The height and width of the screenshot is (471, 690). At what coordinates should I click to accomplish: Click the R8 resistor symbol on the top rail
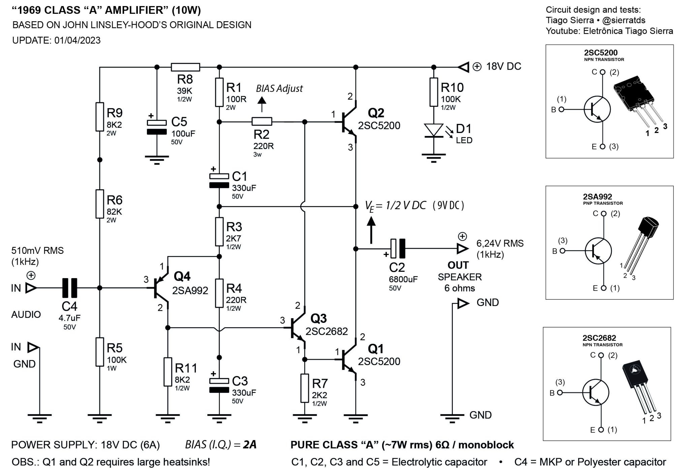[x=185, y=67]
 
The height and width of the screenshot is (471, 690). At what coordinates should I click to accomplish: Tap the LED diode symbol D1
[x=434, y=130]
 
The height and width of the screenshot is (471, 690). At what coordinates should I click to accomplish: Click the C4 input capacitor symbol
[x=70, y=288]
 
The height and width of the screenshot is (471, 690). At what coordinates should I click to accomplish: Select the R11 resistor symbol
[x=168, y=372]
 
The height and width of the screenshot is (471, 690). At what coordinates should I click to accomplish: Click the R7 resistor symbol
[x=305, y=388]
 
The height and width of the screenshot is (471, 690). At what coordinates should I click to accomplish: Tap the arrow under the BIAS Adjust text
[x=262, y=104]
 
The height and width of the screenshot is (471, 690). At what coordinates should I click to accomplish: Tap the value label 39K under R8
[x=185, y=91]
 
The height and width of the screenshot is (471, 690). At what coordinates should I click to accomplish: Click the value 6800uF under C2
[x=403, y=279]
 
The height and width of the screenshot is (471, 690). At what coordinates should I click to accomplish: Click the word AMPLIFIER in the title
[x=136, y=10]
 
